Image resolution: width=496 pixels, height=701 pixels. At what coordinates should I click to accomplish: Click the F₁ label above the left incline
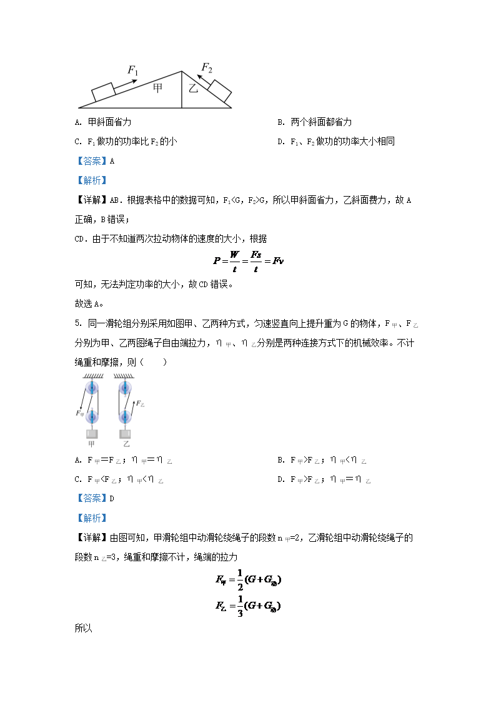point(133,69)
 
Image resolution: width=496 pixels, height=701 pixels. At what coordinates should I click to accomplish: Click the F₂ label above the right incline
point(207,67)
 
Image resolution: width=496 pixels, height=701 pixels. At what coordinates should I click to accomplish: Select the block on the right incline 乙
point(219,91)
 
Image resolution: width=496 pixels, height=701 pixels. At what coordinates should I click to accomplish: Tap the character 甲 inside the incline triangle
point(158,88)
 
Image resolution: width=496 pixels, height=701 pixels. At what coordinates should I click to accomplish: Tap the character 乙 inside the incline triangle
point(193,89)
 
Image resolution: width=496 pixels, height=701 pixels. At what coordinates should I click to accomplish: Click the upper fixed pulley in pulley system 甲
point(92,388)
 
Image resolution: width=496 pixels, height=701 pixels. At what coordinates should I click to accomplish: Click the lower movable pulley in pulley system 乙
point(125,416)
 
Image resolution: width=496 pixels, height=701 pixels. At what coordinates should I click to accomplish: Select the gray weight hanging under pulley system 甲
point(92,434)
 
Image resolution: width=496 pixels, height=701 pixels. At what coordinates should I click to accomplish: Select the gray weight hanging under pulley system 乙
point(126,434)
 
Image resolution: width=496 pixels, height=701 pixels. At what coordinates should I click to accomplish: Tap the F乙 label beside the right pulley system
point(141,404)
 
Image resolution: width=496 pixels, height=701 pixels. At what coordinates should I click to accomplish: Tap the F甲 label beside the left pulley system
point(79,413)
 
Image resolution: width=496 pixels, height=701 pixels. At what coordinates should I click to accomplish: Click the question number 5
point(77,323)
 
